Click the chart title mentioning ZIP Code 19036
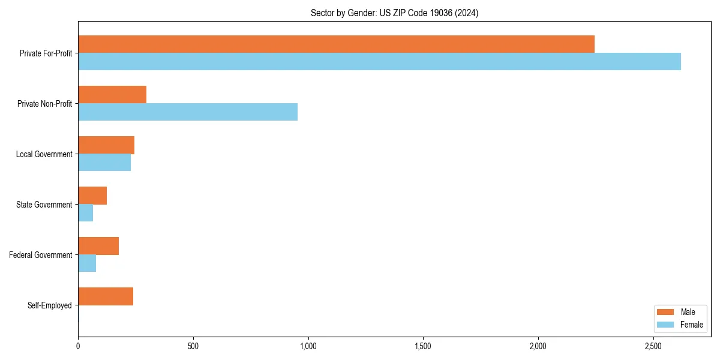coord(394,13)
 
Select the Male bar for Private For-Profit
coord(336,44)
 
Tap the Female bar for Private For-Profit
coord(379,62)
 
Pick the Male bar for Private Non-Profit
coord(112,95)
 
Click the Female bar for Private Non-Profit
coord(188,112)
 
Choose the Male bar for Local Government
coord(106,145)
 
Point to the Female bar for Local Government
coord(104,163)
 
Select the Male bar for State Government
coord(92,196)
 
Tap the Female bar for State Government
coord(86,213)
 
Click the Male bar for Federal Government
coord(98,246)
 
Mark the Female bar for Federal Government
coord(87,263)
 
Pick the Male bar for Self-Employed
coord(106,296)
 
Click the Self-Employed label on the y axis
coord(50,305)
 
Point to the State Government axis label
coord(44,205)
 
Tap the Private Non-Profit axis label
coord(45,104)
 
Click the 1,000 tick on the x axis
coord(308,346)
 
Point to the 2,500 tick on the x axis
coord(653,346)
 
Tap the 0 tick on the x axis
coord(78,346)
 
